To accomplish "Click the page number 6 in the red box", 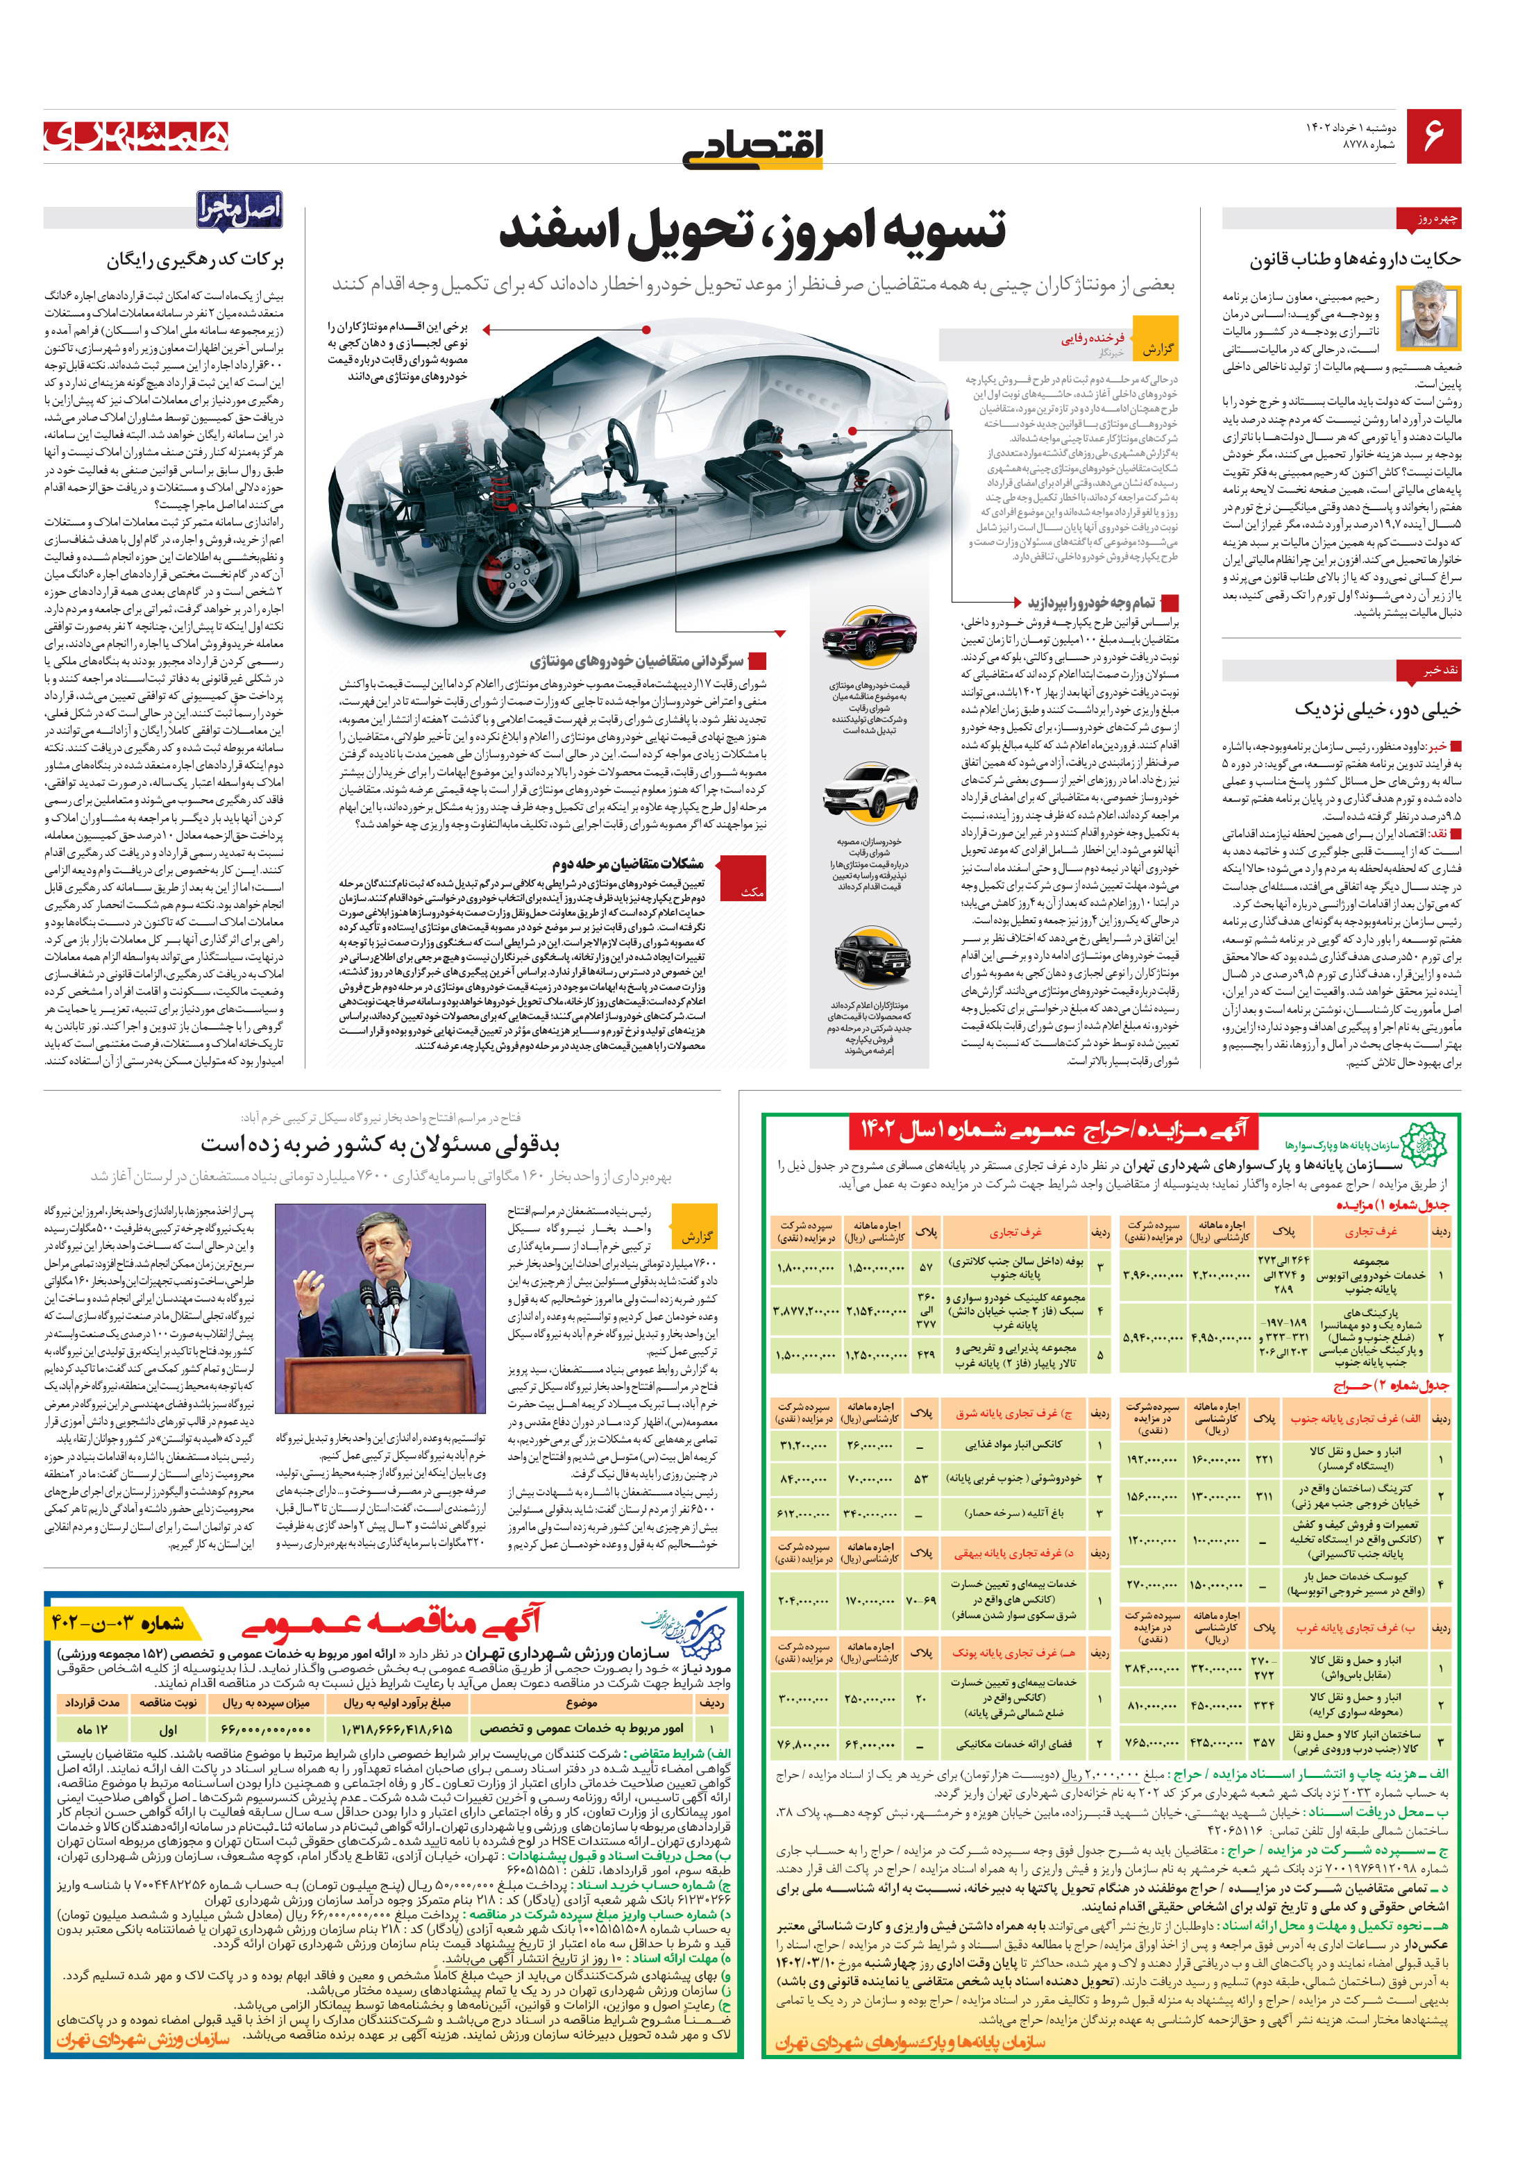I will click(x=1433, y=136).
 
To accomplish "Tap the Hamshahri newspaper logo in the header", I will click(x=136, y=136).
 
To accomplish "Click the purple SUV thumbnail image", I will click(x=870, y=636).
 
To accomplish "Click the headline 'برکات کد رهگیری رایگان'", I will click(x=195, y=260).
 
